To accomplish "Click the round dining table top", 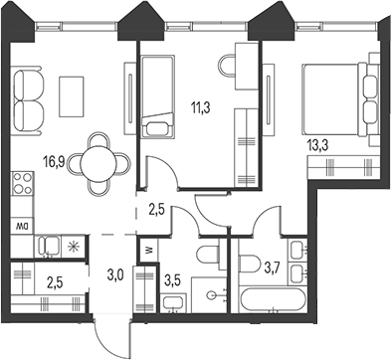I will point(99,160).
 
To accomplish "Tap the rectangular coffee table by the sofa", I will point(72,93).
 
